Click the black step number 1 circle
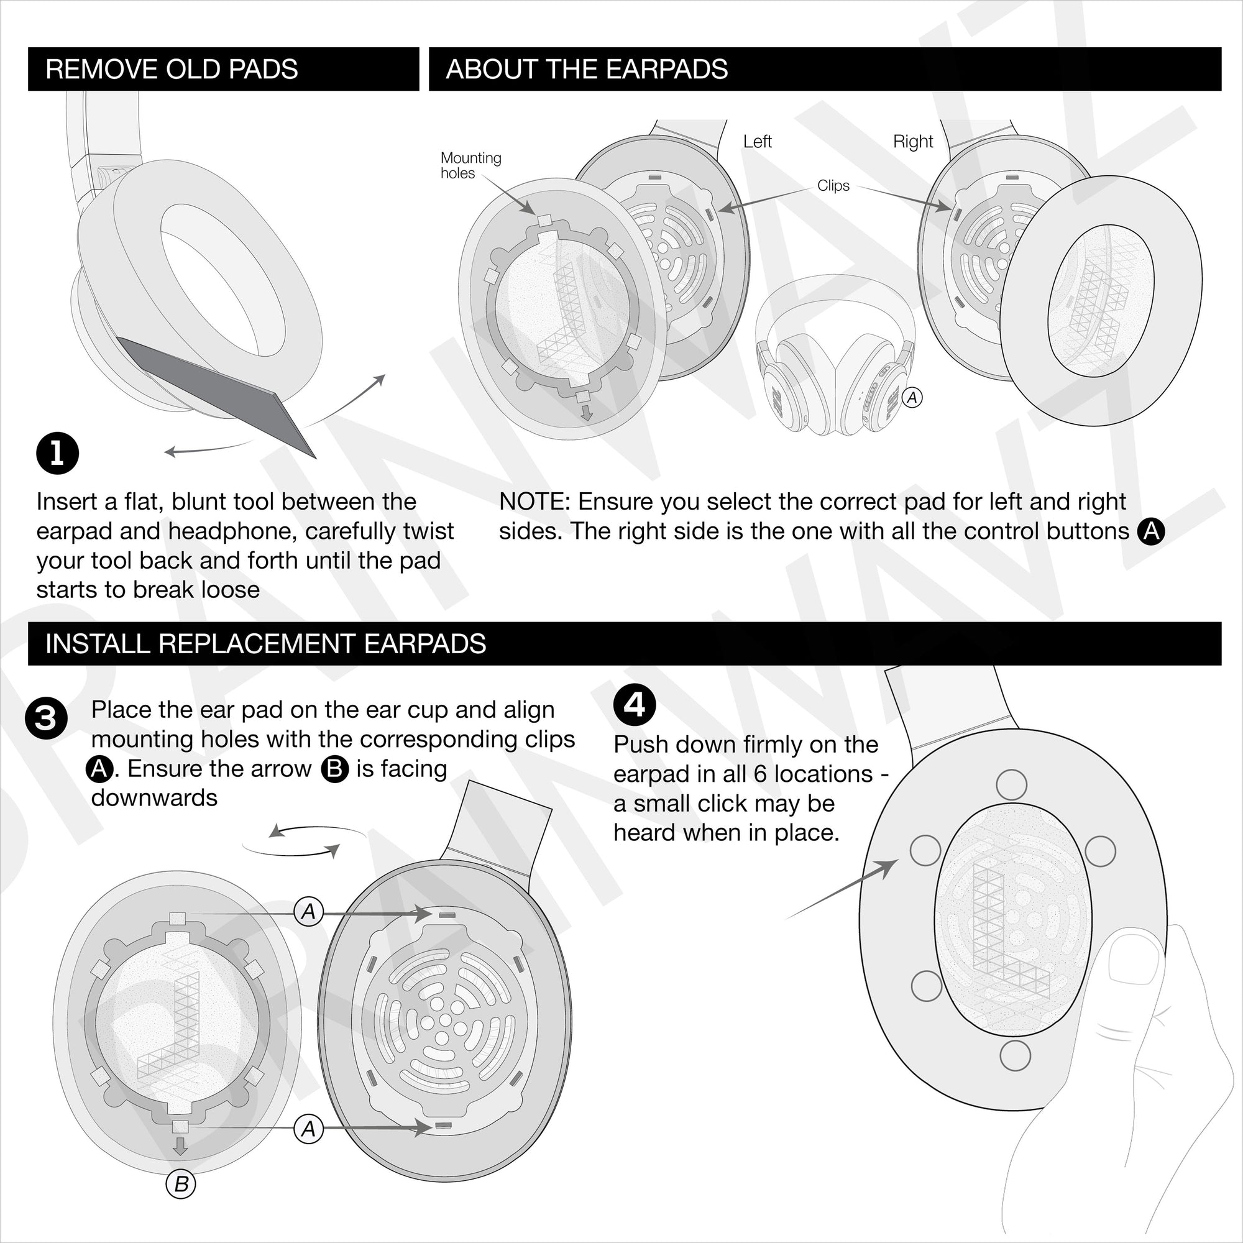[57, 454]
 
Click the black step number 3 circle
[45, 718]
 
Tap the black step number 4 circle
[635, 705]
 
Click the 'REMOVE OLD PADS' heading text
[172, 69]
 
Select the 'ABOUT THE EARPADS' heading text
[586, 69]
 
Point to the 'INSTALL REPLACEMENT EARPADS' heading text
[265, 643]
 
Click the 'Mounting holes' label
[470, 165]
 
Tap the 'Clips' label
[833, 185]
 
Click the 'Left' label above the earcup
[756, 142]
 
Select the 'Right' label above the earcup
[912, 142]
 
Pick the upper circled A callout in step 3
[309, 912]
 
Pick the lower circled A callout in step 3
[309, 1129]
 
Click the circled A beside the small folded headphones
[912, 398]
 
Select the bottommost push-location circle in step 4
[1016, 1055]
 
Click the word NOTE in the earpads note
[533, 502]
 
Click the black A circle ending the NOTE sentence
[1151, 531]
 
